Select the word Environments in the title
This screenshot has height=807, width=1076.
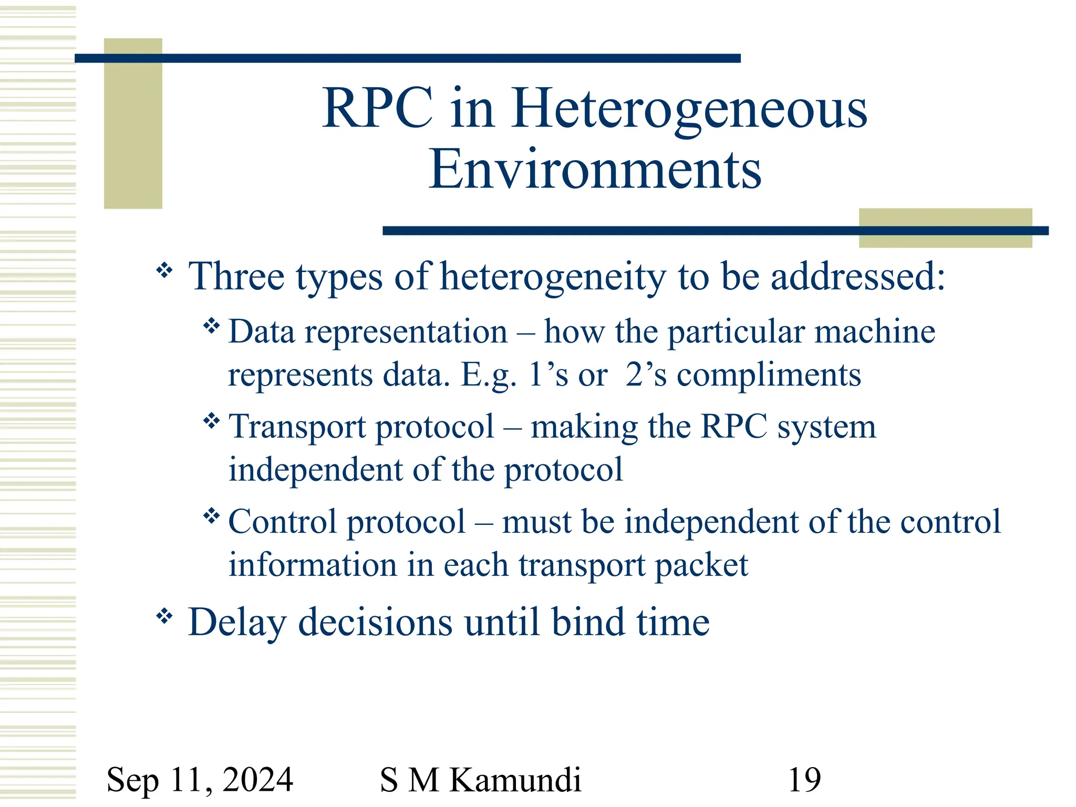coord(595,170)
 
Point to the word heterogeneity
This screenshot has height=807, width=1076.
coord(553,277)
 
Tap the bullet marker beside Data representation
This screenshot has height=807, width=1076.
coord(211,326)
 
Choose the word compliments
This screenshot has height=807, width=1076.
coord(769,375)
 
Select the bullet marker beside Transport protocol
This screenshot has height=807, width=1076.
coord(211,420)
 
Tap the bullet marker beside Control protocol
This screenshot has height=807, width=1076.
coord(211,516)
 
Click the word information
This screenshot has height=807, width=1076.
coord(312,565)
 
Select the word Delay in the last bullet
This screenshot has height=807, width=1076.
coord(237,623)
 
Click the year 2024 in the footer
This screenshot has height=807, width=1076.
coord(258,779)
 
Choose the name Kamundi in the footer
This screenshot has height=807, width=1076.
coord(515,779)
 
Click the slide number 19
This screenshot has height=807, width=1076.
coord(804,779)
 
